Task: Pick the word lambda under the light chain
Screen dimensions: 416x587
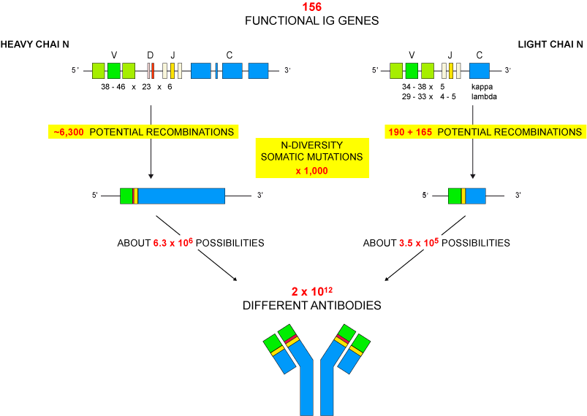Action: click(484, 96)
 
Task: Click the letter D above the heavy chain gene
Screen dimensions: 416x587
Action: click(150, 55)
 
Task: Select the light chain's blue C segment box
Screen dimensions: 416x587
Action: click(480, 71)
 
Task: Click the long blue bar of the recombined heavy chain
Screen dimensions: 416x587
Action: click(181, 196)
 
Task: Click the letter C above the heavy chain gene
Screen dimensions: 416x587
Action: click(230, 55)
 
